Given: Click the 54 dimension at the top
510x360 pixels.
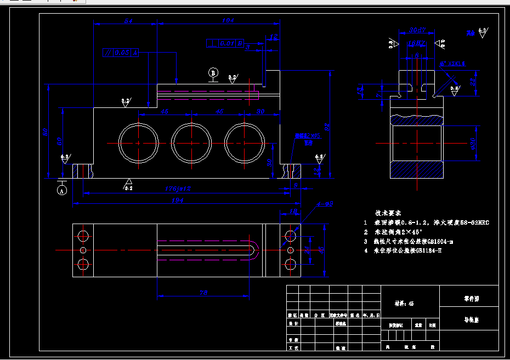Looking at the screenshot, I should (128, 21).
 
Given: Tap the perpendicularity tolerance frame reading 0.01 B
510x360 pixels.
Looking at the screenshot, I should (225, 43).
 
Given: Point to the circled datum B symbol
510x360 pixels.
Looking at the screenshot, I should (213, 73).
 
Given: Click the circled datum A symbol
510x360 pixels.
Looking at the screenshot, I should (62, 190).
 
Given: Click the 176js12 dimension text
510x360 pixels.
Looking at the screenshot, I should (178, 188).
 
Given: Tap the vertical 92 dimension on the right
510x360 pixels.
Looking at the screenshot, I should (327, 127).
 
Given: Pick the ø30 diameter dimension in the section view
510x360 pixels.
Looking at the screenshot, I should (472, 144).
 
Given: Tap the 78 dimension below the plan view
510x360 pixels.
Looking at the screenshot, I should (203, 293).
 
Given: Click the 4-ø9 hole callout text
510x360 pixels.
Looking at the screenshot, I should (325, 204).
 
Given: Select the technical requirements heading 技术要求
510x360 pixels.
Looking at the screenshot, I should (388, 212).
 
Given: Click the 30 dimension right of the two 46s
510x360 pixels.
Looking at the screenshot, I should (260, 111).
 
